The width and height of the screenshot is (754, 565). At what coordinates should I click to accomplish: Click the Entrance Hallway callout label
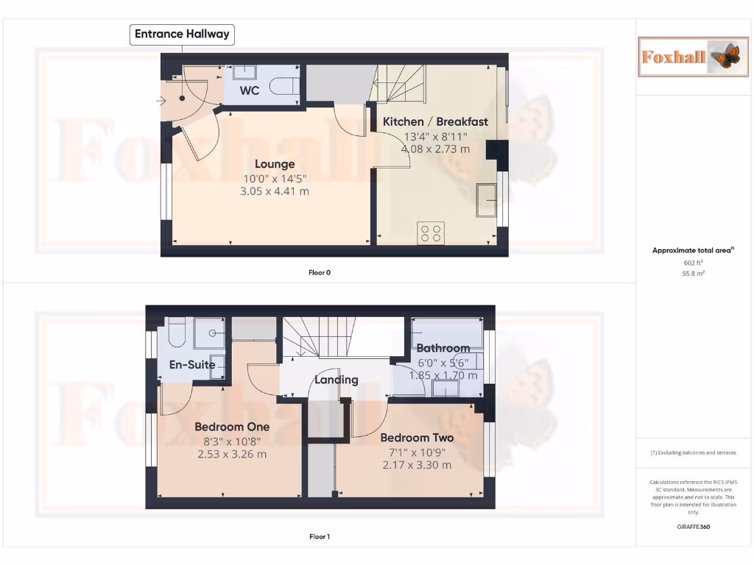click(x=182, y=34)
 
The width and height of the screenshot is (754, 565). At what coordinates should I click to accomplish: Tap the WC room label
click(x=250, y=91)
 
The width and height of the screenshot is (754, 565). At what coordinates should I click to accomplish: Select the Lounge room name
click(x=275, y=164)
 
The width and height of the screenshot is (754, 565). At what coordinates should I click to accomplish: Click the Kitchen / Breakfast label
click(x=435, y=121)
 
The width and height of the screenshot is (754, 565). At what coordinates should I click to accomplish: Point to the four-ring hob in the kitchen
click(x=431, y=232)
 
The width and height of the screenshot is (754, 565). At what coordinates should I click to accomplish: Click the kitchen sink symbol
click(x=486, y=199)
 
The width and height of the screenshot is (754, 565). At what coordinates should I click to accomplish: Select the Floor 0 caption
click(x=320, y=272)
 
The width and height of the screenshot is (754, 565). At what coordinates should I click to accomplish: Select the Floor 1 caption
click(x=320, y=536)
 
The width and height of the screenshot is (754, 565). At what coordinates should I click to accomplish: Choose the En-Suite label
click(x=192, y=364)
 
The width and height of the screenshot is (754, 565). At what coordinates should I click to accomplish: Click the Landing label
click(x=337, y=380)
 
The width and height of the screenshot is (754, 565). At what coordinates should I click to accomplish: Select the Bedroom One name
click(x=232, y=427)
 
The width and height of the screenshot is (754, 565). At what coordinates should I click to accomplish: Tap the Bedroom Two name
click(x=417, y=438)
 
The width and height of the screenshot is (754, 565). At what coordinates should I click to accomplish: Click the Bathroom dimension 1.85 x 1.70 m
click(x=443, y=375)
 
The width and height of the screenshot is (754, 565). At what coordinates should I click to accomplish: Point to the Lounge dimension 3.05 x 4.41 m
click(x=275, y=191)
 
